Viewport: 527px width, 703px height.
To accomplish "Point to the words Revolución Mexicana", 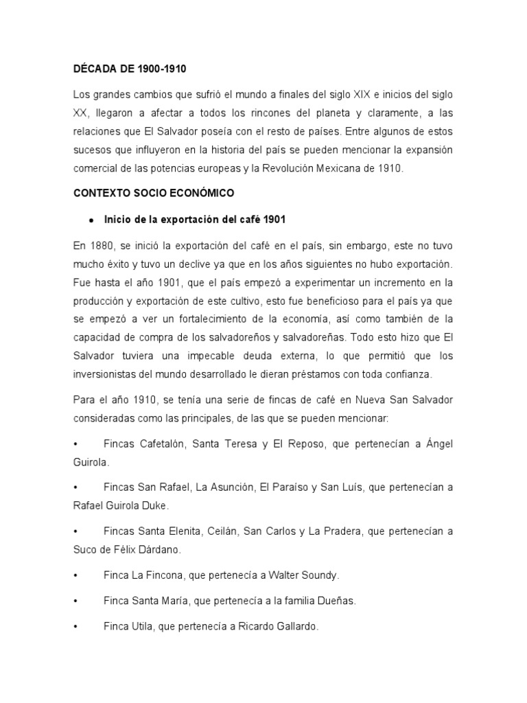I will tap(306, 168).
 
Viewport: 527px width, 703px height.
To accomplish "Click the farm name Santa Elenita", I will tap(168, 531).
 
